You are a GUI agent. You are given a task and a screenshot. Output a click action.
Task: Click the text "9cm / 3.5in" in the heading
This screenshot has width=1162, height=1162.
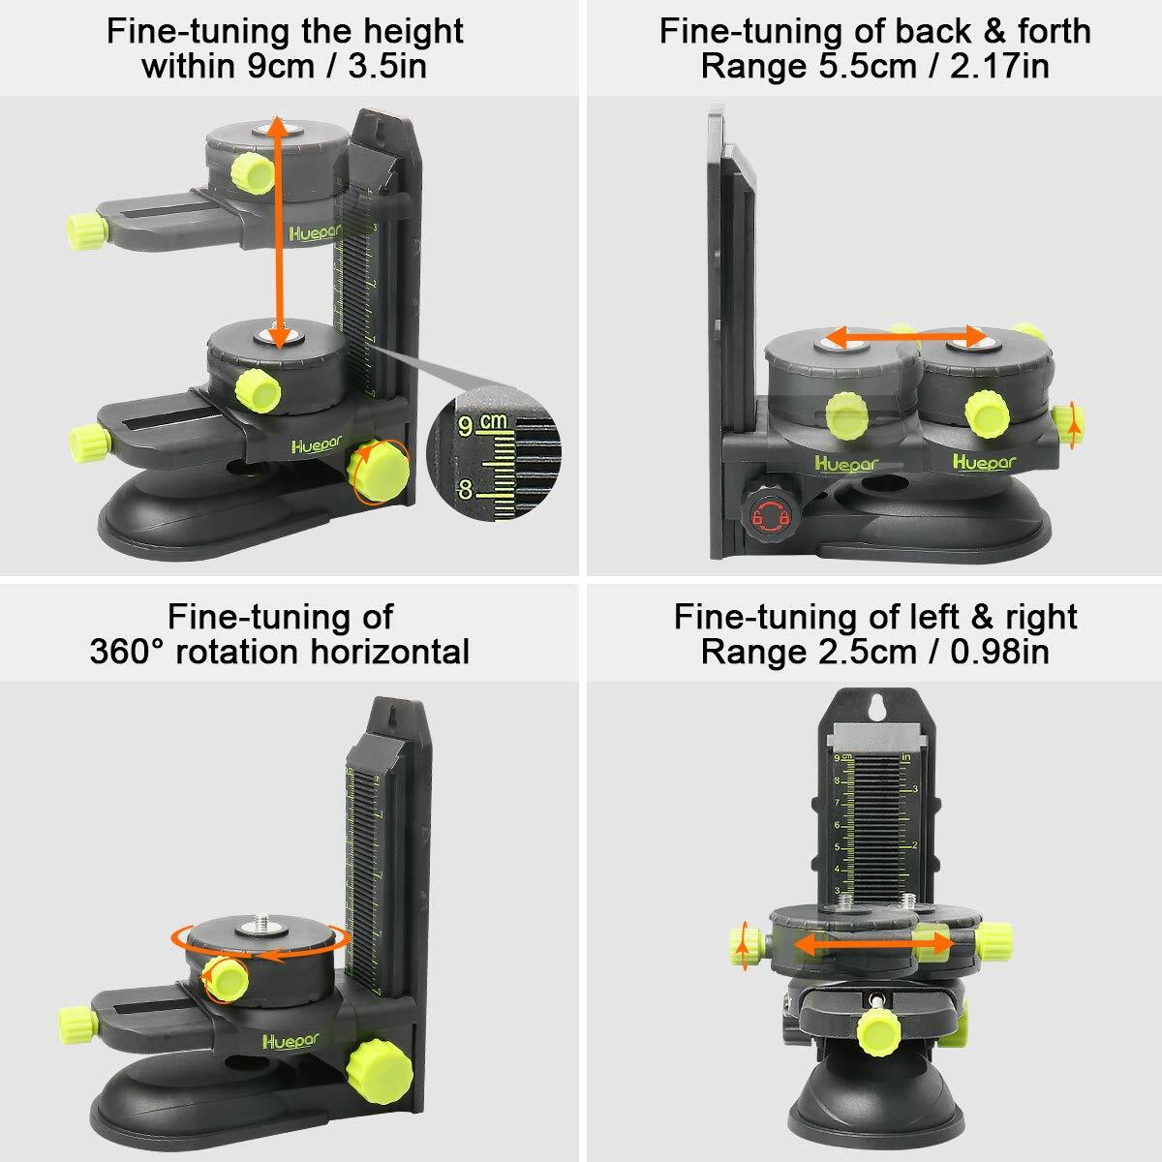(337, 68)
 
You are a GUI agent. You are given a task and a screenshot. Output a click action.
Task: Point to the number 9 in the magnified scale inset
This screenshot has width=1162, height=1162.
(466, 425)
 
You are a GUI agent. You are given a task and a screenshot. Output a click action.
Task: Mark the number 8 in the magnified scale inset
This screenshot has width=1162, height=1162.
(466, 490)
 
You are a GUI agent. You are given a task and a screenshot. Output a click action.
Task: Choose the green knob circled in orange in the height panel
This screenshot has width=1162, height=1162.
(379, 472)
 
